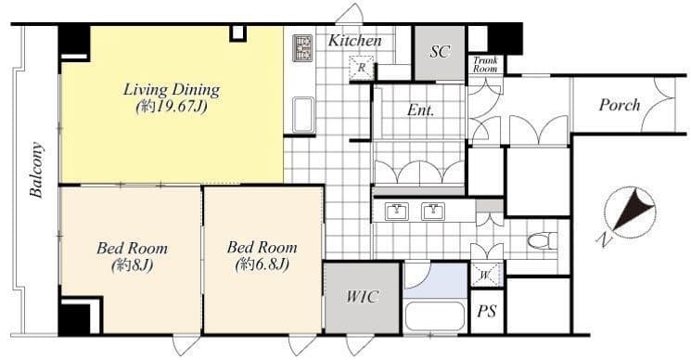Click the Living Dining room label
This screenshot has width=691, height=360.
click(x=172, y=90)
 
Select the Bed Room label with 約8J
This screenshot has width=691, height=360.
click(x=132, y=248)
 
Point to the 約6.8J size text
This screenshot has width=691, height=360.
click(x=262, y=264)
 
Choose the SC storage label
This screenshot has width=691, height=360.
click(x=440, y=50)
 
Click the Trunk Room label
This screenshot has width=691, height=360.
click(x=486, y=66)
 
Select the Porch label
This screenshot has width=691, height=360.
click(x=619, y=105)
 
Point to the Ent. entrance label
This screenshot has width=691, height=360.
click(x=421, y=109)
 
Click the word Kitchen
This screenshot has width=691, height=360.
click(x=354, y=41)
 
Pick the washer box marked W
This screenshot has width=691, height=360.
click(x=486, y=275)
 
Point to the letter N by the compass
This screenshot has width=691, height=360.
click(x=603, y=241)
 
